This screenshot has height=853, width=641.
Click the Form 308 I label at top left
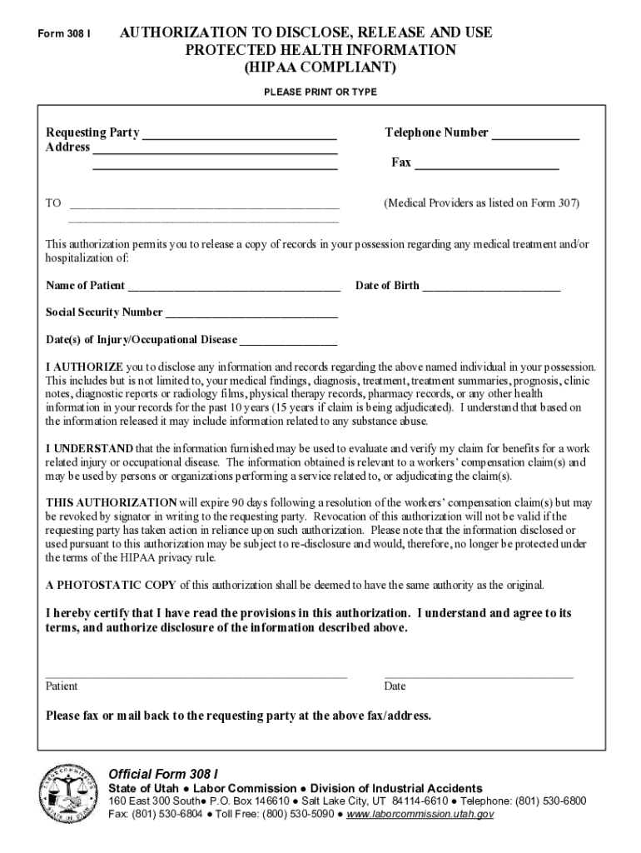click(64, 34)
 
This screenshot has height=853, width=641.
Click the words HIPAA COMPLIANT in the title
click(320, 67)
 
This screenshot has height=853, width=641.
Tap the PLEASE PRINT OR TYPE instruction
click(320, 92)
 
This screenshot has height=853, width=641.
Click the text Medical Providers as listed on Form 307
click(481, 203)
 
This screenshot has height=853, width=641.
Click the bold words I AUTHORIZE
click(84, 367)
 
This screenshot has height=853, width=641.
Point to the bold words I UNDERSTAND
click(88, 449)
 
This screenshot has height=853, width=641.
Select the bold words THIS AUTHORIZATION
click(111, 503)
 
